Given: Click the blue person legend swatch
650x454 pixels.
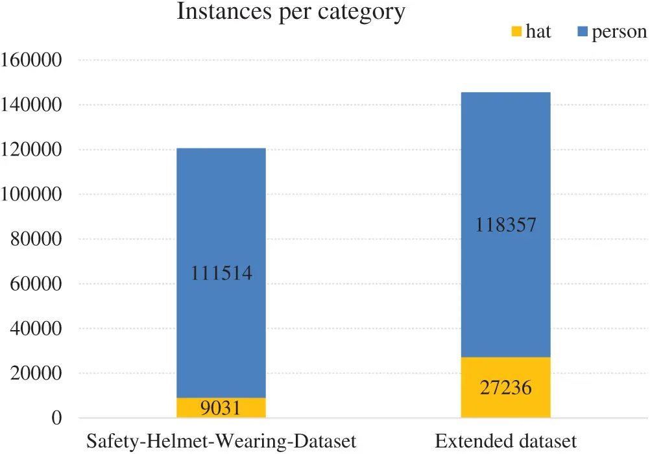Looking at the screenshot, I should tap(582, 30).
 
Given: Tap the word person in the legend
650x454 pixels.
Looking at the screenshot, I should tap(619, 32).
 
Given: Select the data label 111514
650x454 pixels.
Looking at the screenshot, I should tap(221, 274).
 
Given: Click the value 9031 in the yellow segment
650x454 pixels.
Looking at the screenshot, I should tap(221, 409).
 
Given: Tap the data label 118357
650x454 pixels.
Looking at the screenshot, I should tap(506, 225).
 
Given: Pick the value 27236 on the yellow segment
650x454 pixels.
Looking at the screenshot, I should tap(506, 388).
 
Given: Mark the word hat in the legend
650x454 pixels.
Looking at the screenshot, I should tap(538, 32).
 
